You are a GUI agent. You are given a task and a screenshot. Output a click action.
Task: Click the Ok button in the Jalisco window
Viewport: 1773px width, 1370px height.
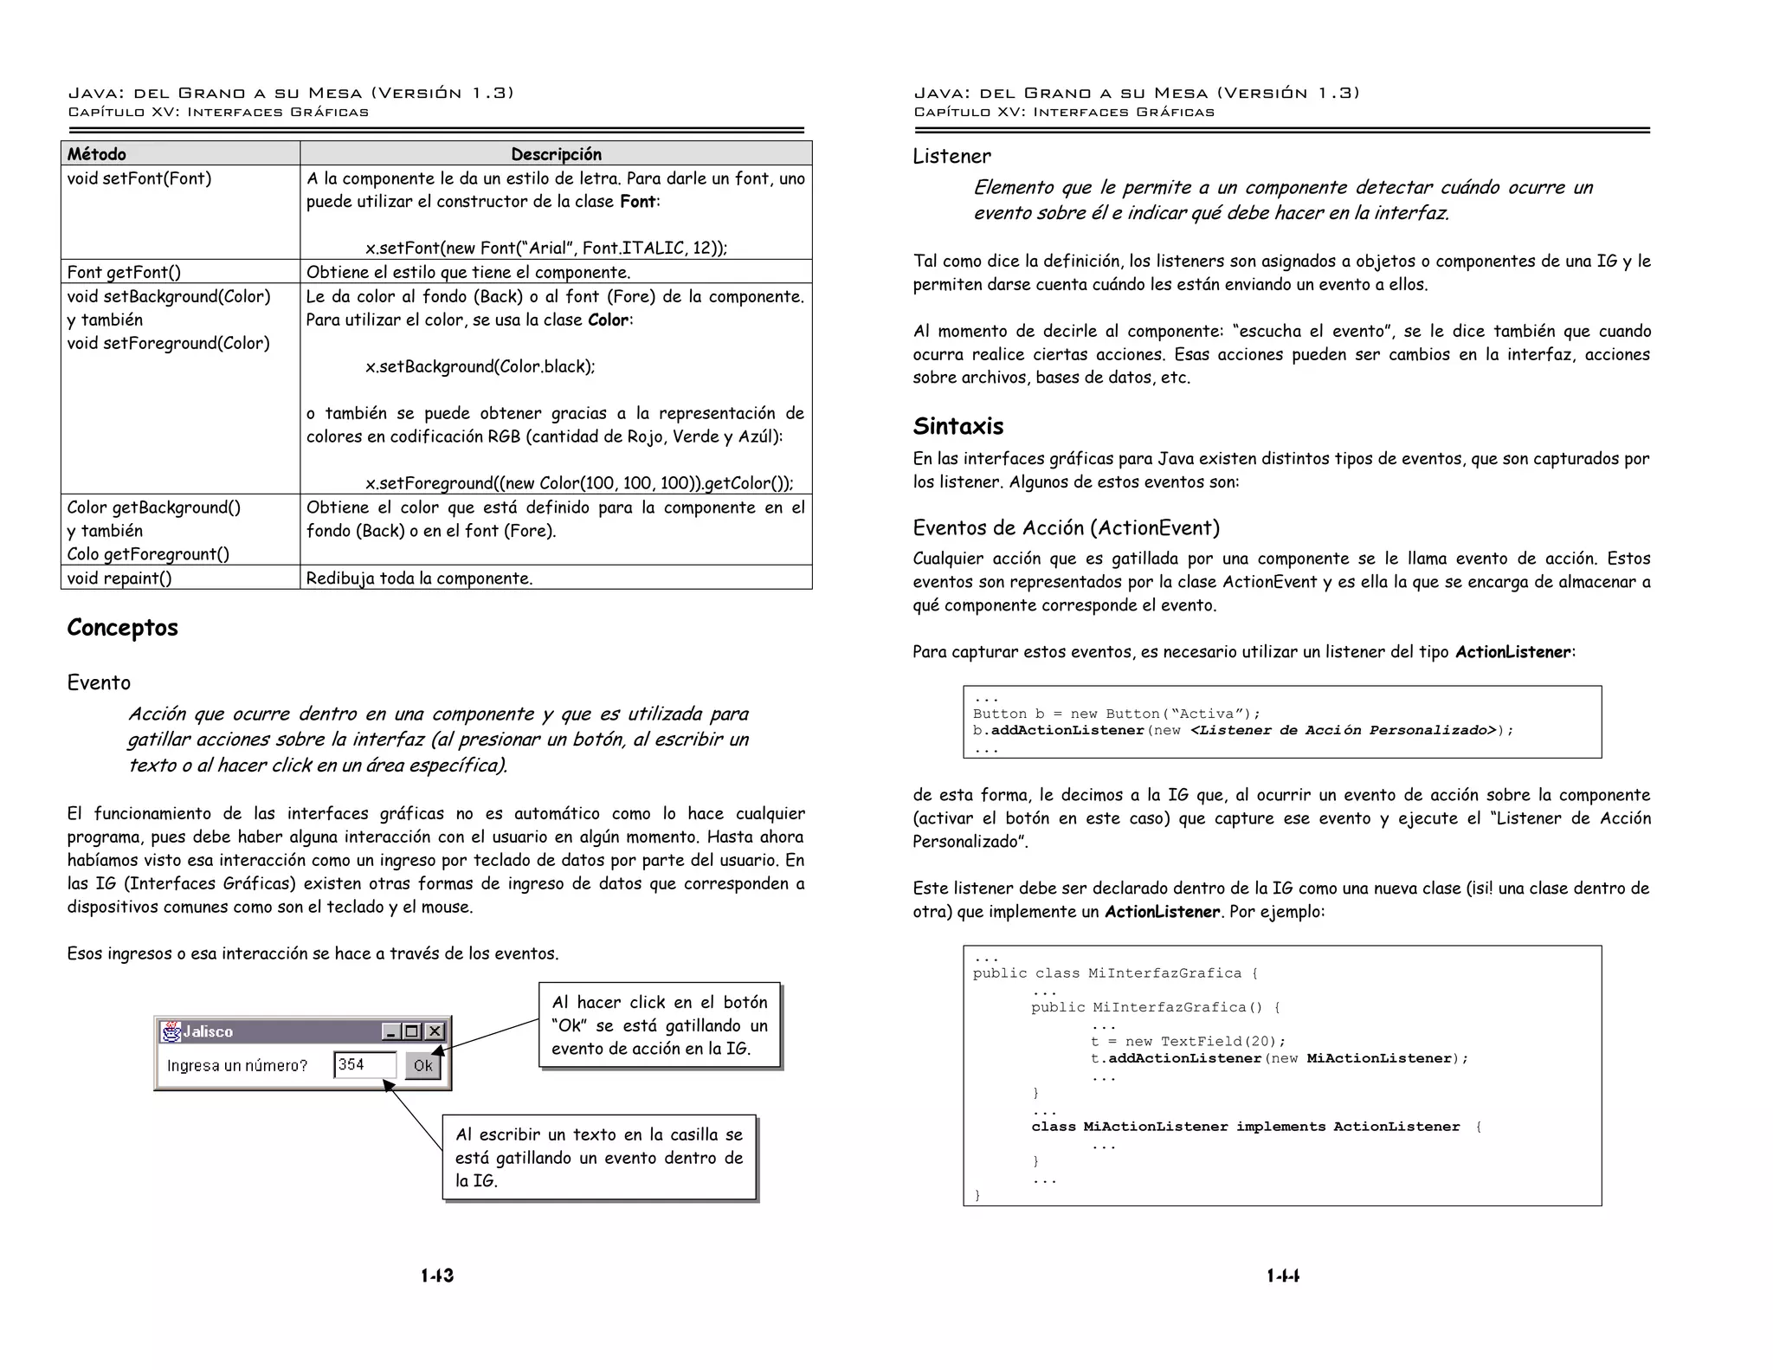[422, 1065]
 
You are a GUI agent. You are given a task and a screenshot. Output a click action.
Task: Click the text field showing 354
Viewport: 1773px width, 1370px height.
[364, 1065]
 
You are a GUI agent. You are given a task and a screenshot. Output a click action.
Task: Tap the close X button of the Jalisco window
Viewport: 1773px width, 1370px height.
[435, 1031]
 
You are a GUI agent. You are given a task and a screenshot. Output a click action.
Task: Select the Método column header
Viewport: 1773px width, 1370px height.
[97, 154]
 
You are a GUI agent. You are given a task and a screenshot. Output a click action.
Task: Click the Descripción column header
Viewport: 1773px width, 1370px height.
[556, 154]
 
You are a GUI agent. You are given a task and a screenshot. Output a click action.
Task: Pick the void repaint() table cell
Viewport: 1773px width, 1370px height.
[119, 578]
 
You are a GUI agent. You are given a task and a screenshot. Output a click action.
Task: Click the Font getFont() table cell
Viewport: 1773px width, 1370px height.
[124, 272]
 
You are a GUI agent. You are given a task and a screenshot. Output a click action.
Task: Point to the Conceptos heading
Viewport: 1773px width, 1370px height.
[123, 628]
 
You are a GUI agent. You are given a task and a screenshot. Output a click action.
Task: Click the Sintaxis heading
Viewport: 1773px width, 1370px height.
[957, 426]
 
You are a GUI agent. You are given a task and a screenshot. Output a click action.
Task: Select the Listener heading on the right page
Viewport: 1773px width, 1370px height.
[951, 157]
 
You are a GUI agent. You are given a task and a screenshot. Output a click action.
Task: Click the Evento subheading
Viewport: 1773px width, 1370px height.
[99, 682]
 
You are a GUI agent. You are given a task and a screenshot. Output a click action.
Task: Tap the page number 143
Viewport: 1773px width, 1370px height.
[437, 1276]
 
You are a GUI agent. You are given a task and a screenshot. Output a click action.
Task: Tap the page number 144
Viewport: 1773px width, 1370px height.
[1283, 1276]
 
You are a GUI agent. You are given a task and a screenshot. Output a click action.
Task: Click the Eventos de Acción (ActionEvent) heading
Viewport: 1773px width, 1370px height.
[1066, 528]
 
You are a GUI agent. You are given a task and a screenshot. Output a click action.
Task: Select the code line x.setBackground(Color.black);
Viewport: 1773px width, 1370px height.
[480, 366]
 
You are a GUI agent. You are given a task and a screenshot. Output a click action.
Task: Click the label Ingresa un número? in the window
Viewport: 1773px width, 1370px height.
[237, 1066]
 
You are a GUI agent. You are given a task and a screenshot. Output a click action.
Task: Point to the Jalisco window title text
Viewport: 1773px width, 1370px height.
[208, 1031]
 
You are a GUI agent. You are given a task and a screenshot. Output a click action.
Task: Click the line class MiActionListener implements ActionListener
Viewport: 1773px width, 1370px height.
[1245, 1127]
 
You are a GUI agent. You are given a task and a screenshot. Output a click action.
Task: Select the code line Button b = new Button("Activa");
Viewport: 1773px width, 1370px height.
[1117, 714]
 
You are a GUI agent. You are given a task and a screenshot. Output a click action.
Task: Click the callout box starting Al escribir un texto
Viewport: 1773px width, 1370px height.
[599, 1157]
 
